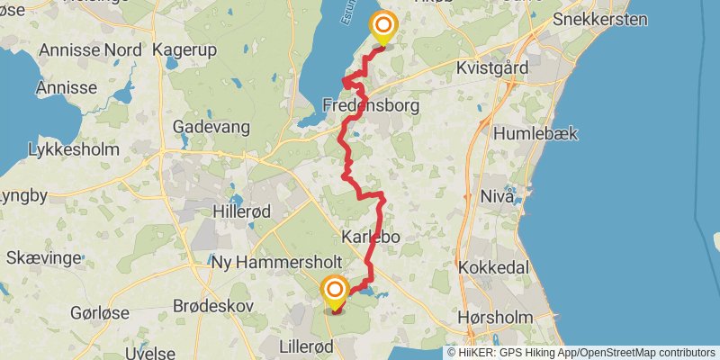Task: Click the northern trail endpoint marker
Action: pyautogui.click(x=384, y=27)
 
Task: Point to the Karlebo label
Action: pyautogui.click(x=370, y=237)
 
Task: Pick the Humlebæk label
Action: pyautogui.click(x=535, y=133)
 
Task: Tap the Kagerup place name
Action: pyautogui.click(x=185, y=49)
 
